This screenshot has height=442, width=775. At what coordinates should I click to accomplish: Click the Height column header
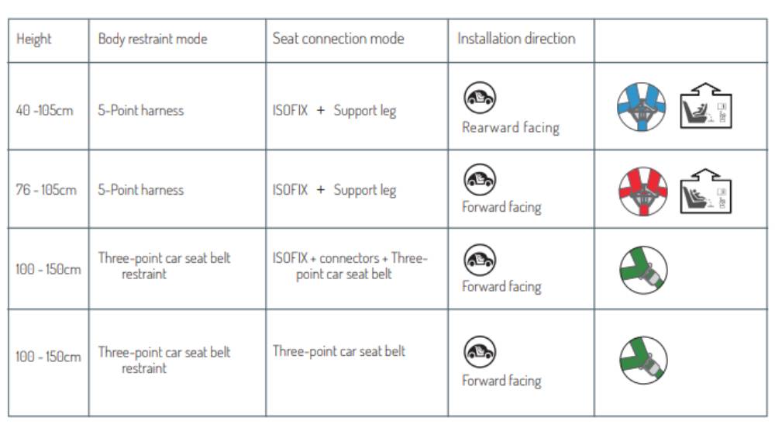33,39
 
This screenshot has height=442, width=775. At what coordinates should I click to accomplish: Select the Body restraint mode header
153,39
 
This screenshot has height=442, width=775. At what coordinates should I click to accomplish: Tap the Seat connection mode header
338,39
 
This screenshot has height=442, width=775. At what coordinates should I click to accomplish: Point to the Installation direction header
516,39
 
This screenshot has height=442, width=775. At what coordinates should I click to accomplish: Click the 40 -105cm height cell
44,110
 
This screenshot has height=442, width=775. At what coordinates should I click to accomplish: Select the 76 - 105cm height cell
46,189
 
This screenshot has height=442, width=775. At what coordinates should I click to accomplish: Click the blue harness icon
641,107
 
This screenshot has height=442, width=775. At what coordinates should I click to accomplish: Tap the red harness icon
643,192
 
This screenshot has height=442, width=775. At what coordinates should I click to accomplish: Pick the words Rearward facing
511,127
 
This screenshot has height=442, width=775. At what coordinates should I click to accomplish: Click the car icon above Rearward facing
480,98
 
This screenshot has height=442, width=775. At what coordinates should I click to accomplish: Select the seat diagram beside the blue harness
706,105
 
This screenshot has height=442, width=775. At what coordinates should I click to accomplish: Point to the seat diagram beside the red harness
706,192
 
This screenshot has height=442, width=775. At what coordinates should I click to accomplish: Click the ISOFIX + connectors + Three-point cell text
350,265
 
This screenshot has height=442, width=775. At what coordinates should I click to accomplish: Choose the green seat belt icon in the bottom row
643,360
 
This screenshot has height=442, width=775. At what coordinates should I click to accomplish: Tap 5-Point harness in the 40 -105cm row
141,110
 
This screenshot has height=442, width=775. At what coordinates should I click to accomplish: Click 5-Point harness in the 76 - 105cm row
141,190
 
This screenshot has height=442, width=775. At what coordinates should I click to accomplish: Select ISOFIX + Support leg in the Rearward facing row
334,110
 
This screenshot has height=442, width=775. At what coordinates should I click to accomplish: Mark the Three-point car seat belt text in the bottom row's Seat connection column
339,351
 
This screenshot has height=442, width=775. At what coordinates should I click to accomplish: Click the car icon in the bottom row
480,351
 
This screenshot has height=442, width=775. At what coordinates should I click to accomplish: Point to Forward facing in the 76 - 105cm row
501,207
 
